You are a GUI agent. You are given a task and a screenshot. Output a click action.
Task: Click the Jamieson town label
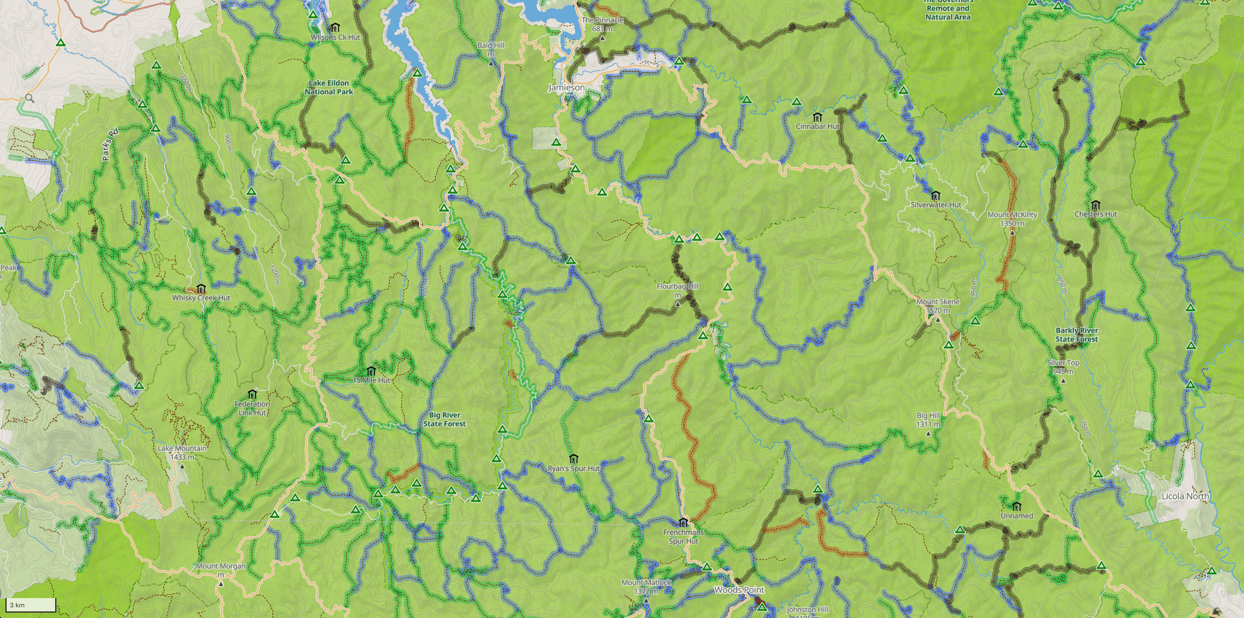(x=567, y=88)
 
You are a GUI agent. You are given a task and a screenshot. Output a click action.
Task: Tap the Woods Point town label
(x=739, y=590)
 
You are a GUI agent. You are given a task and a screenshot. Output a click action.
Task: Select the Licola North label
(x=1185, y=496)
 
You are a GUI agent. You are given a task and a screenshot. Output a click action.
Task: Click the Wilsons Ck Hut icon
(x=335, y=28)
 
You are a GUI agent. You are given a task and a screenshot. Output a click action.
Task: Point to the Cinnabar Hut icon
(x=818, y=117)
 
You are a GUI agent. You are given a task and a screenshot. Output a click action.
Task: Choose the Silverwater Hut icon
(x=935, y=195)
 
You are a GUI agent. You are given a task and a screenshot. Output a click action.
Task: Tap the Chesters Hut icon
(x=1095, y=205)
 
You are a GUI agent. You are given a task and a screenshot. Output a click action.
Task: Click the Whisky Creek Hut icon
(x=201, y=288)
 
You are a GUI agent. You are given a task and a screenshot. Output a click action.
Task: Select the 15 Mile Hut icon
(x=371, y=371)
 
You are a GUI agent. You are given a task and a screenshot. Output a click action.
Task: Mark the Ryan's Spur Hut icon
(x=574, y=459)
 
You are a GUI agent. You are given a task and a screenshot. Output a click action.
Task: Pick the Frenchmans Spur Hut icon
(x=683, y=522)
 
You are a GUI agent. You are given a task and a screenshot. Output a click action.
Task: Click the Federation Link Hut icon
(x=252, y=395)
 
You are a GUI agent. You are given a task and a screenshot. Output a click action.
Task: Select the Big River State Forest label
(x=444, y=419)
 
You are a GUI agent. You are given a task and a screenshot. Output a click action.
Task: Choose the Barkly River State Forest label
(x=1077, y=335)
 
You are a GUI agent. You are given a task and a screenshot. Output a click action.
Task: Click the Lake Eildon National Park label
(x=329, y=88)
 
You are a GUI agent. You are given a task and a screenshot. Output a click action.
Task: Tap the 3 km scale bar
(x=31, y=605)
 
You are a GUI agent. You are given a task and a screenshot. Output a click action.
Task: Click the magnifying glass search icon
(x=29, y=98)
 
